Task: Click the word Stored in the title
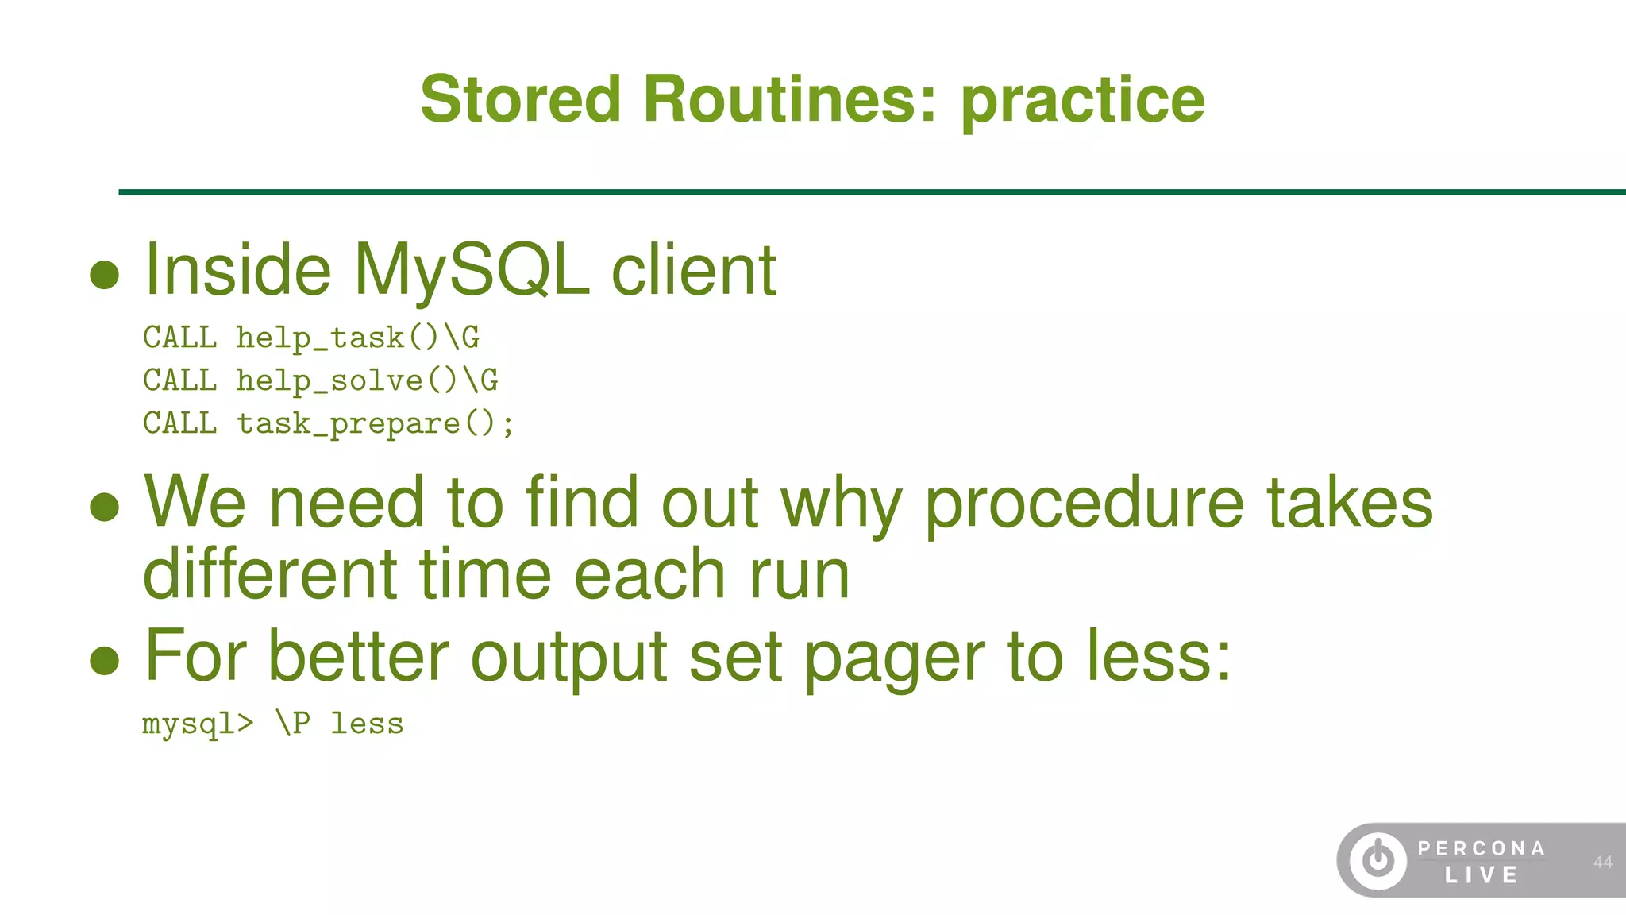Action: click(520, 99)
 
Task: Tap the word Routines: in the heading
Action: click(790, 99)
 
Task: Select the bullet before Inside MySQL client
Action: click(105, 275)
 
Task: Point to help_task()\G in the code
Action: click(358, 338)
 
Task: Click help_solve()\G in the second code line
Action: click(367, 381)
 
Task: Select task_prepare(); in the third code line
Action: click(376, 424)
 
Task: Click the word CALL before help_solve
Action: click(180, 380)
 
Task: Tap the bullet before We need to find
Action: click(105, 507)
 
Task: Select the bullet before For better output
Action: click(105, 660)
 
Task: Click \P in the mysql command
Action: click(292, 724)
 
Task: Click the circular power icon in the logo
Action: click(1377, 860)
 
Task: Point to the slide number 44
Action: click(1602, 862)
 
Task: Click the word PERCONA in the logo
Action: click(1481, 848)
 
